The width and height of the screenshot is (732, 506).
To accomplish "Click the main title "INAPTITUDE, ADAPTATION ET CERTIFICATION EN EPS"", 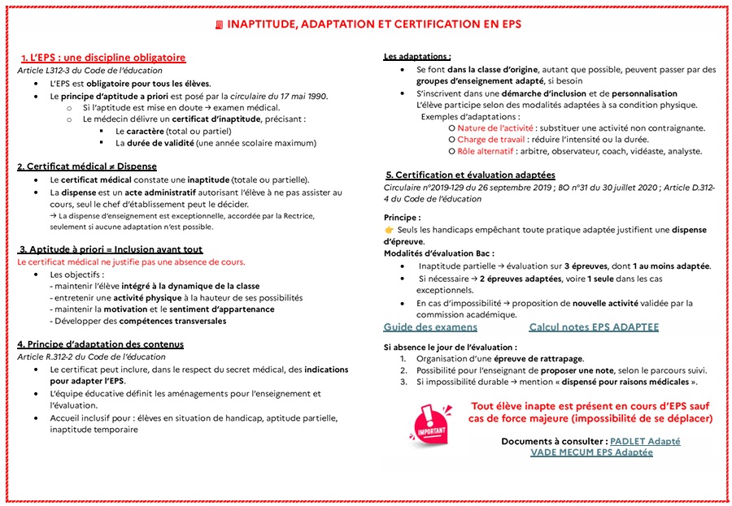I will [373, 24].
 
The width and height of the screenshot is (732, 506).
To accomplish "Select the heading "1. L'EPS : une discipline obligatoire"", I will [103, 58].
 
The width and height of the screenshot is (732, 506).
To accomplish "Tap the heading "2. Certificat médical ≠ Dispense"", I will [87, 167].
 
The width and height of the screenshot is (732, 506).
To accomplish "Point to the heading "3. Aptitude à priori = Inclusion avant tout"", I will [111, 249].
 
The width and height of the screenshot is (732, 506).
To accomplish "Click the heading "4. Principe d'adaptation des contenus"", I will [100, 344].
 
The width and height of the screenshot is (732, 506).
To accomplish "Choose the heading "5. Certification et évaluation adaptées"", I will [470, 175].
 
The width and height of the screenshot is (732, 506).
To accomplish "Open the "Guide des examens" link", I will [430, 327].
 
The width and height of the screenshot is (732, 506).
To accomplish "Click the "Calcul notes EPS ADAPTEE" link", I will [594, 327].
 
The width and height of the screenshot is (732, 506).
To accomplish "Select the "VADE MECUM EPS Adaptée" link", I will [591, 452].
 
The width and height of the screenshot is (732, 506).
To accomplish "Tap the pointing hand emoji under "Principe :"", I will [389, 230].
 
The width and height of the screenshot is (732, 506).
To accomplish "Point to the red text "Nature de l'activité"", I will [495, 128].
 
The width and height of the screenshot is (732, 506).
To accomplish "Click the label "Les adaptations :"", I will [417, 57].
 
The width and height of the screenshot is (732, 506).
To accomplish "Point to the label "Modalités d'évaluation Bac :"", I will [438, 253].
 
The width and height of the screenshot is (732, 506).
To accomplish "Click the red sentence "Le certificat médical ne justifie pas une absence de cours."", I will [131, 262].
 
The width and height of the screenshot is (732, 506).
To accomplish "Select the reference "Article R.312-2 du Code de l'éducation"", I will [91, 357].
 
